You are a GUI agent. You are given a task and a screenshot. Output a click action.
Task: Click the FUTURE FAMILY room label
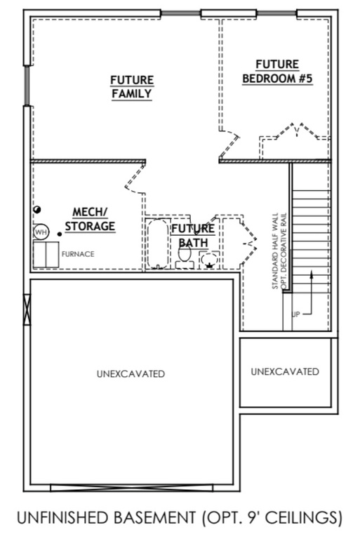coord(131,86)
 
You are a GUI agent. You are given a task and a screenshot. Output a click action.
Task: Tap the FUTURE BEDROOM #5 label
coord(277,71)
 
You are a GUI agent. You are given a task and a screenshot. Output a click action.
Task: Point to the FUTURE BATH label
coord(193,235)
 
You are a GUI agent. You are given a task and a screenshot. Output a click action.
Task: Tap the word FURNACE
coord(78,254)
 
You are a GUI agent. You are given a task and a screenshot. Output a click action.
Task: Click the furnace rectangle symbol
coord(47,254)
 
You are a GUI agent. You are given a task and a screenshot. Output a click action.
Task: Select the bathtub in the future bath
coord(157,244)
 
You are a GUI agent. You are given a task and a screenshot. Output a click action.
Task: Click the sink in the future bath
coord(209,259)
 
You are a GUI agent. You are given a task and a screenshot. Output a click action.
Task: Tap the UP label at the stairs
coord(295,314)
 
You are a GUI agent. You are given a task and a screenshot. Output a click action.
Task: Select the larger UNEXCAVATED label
coord(131,374)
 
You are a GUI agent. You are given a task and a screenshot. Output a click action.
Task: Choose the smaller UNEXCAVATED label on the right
coord(284,371)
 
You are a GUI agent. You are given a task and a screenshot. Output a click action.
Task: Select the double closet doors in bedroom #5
coord(294,133)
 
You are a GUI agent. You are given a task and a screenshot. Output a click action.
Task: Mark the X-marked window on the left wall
coord(28,309)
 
